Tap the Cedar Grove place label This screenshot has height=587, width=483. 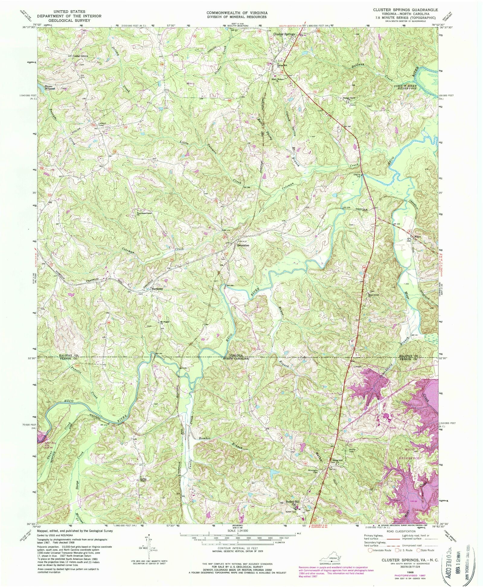click(x=80, y=56)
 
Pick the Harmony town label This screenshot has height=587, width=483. click(x=157, y=289)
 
